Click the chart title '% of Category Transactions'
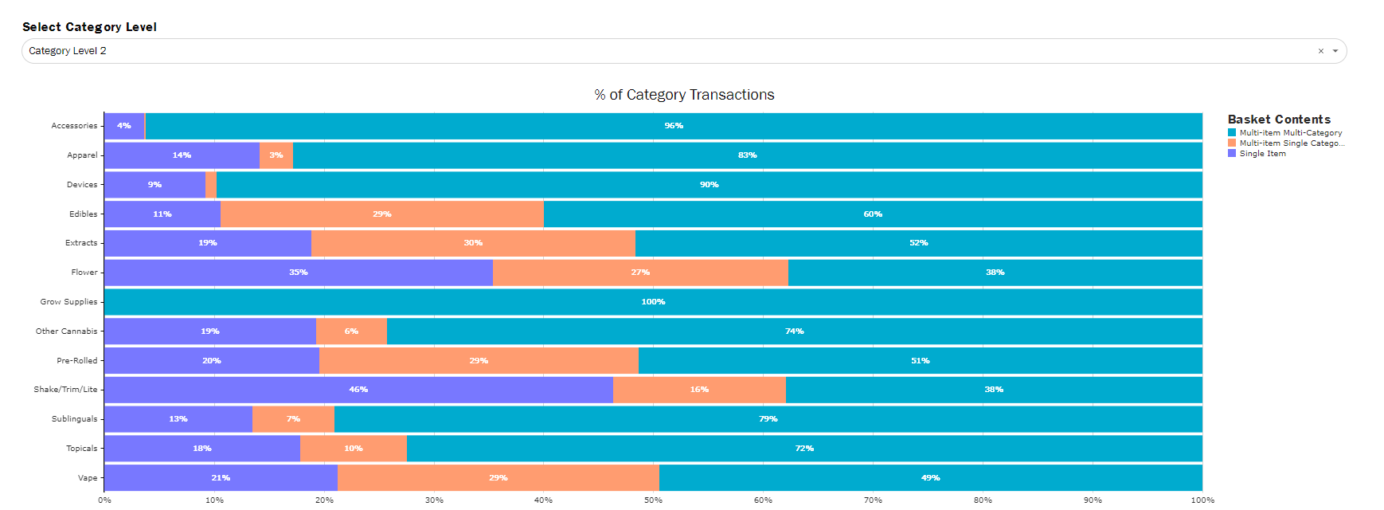click(684, 95)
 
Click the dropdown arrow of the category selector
click(1335, 51)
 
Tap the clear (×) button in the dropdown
click(1320, 51)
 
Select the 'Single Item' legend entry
click(1262, 154)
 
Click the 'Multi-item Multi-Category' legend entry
click(1290, 133)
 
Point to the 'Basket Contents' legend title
click(1279, 120)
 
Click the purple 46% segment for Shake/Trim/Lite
click(358, 390)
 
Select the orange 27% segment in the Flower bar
click(640, 273)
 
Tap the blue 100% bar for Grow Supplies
click(653, 302)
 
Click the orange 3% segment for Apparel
click(276, 155)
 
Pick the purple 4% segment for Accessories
click(124, 126)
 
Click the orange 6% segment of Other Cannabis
click(351, 331)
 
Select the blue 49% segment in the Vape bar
click(930, 478)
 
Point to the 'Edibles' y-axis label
click(83, 214)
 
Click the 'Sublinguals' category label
click(74, 419)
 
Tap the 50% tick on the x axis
click(653, 500)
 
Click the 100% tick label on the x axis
click(1202, 500)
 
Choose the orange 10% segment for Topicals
click(354, 449)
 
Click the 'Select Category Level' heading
click(89, 27)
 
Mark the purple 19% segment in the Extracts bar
click(208, 243)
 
